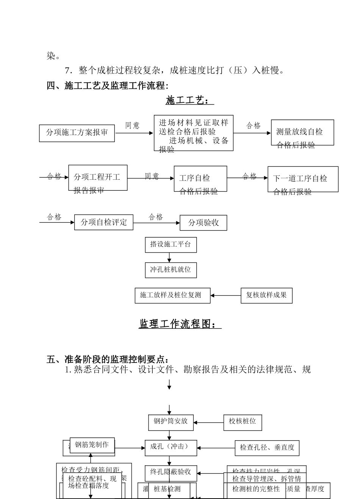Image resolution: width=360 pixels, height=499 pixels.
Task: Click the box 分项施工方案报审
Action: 77,133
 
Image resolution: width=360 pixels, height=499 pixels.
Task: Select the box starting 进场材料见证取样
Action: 194,133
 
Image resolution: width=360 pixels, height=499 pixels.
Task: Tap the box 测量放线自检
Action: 302,132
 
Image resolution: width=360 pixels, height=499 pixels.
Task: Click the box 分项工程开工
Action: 98,177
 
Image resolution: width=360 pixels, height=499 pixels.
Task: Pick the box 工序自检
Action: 200,179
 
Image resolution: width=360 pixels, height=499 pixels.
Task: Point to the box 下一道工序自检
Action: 303,179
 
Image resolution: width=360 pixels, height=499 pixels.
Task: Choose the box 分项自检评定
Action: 104,222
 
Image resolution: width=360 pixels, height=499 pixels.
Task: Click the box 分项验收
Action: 203,223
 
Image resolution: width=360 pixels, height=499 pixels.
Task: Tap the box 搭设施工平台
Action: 171,245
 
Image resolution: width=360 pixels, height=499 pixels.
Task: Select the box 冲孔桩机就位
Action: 171,270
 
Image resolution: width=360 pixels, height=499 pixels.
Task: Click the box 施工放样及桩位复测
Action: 172,295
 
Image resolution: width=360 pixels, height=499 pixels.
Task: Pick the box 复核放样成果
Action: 266,295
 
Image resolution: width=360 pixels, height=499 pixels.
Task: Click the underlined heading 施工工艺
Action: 189,100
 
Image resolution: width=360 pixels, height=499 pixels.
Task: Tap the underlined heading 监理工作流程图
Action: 180,324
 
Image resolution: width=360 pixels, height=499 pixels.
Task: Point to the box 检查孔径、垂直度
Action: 267,448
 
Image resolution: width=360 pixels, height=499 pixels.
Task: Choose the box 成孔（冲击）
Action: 171,448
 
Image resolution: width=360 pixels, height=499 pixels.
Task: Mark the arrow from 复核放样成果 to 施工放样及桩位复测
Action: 225,295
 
